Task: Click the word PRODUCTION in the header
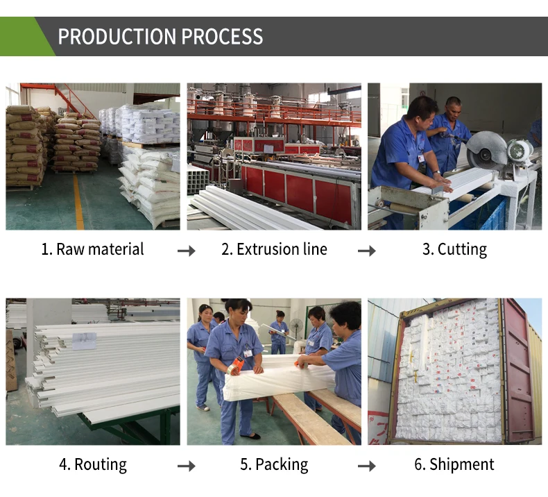pyautogui.click(x=107, y=37)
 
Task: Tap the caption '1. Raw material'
pyautogui.click(x=92, y=250)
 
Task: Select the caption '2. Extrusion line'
pyautogui.click(x=274, y=250)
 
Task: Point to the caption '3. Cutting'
pyautogui.click(x=454, y=250)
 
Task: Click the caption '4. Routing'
pyautogui.click(x=92, y=464)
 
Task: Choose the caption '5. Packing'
pyautogui.click(x=274, y=464)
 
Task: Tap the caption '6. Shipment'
pyautogui.click(x=454, y=464)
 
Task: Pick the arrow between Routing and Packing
pyautogui.click(x=186, y=466)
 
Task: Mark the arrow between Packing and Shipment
pyautogui.click(x=366, y=466)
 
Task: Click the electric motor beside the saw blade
pyautogui.click(x=520, y=152)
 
